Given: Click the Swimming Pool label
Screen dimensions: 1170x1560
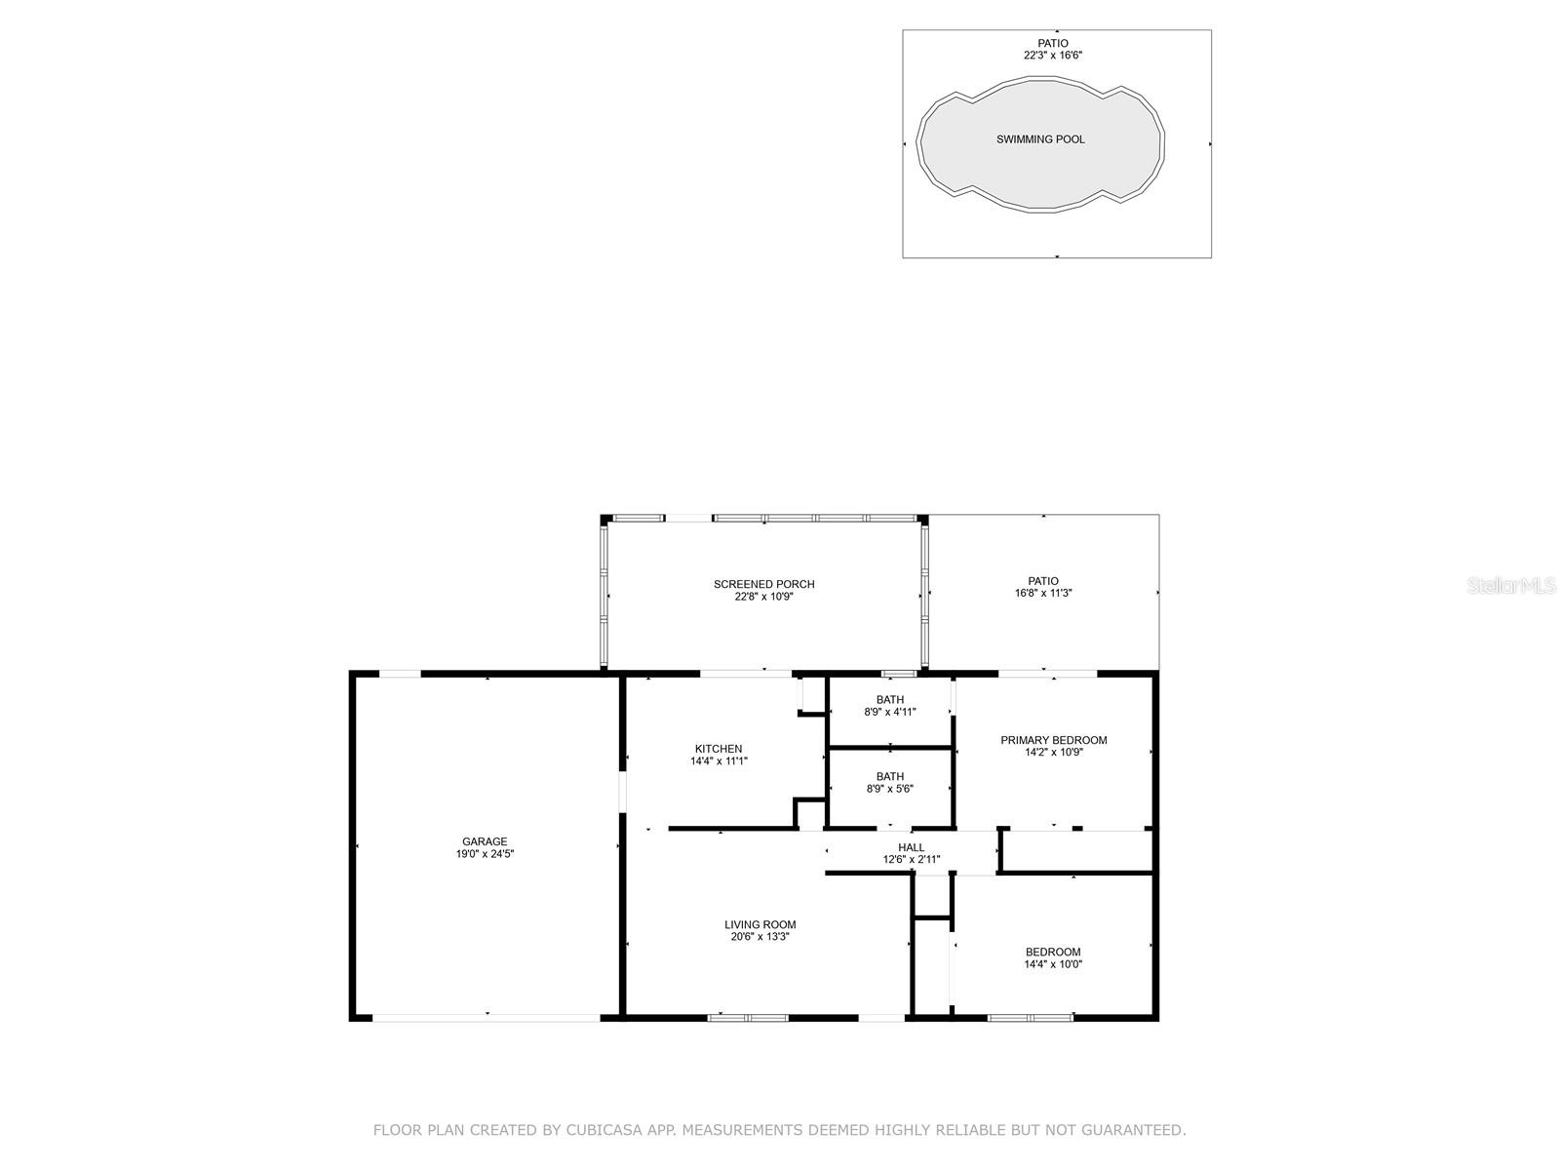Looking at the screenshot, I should (1039, 139).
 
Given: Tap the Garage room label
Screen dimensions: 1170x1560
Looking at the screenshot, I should (485, 841).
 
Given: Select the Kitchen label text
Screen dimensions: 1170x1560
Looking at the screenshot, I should (719, 749).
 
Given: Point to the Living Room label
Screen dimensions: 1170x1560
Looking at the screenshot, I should (760, 924).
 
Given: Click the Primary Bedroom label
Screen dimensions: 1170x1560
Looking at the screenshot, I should (1053, 740).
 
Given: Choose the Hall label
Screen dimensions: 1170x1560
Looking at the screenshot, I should (912, 847).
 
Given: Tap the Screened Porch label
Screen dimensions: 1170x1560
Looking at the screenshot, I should (763, 584).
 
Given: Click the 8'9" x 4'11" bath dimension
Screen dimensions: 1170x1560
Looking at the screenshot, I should (889, 712).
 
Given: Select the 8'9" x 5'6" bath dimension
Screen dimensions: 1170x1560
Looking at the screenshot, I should (889, 789).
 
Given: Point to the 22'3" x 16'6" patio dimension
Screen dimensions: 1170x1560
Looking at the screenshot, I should (1052, 56).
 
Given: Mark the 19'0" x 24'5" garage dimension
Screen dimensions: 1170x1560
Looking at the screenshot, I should (485, 854).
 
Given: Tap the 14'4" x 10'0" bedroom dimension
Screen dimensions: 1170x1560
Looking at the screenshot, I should (1053, 964).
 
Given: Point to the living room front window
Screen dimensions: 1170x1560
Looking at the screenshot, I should (748, 1018).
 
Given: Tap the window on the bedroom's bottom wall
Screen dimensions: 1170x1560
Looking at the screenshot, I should (1030, 1018).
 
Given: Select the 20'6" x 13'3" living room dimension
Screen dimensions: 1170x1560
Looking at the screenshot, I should (760, 937).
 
